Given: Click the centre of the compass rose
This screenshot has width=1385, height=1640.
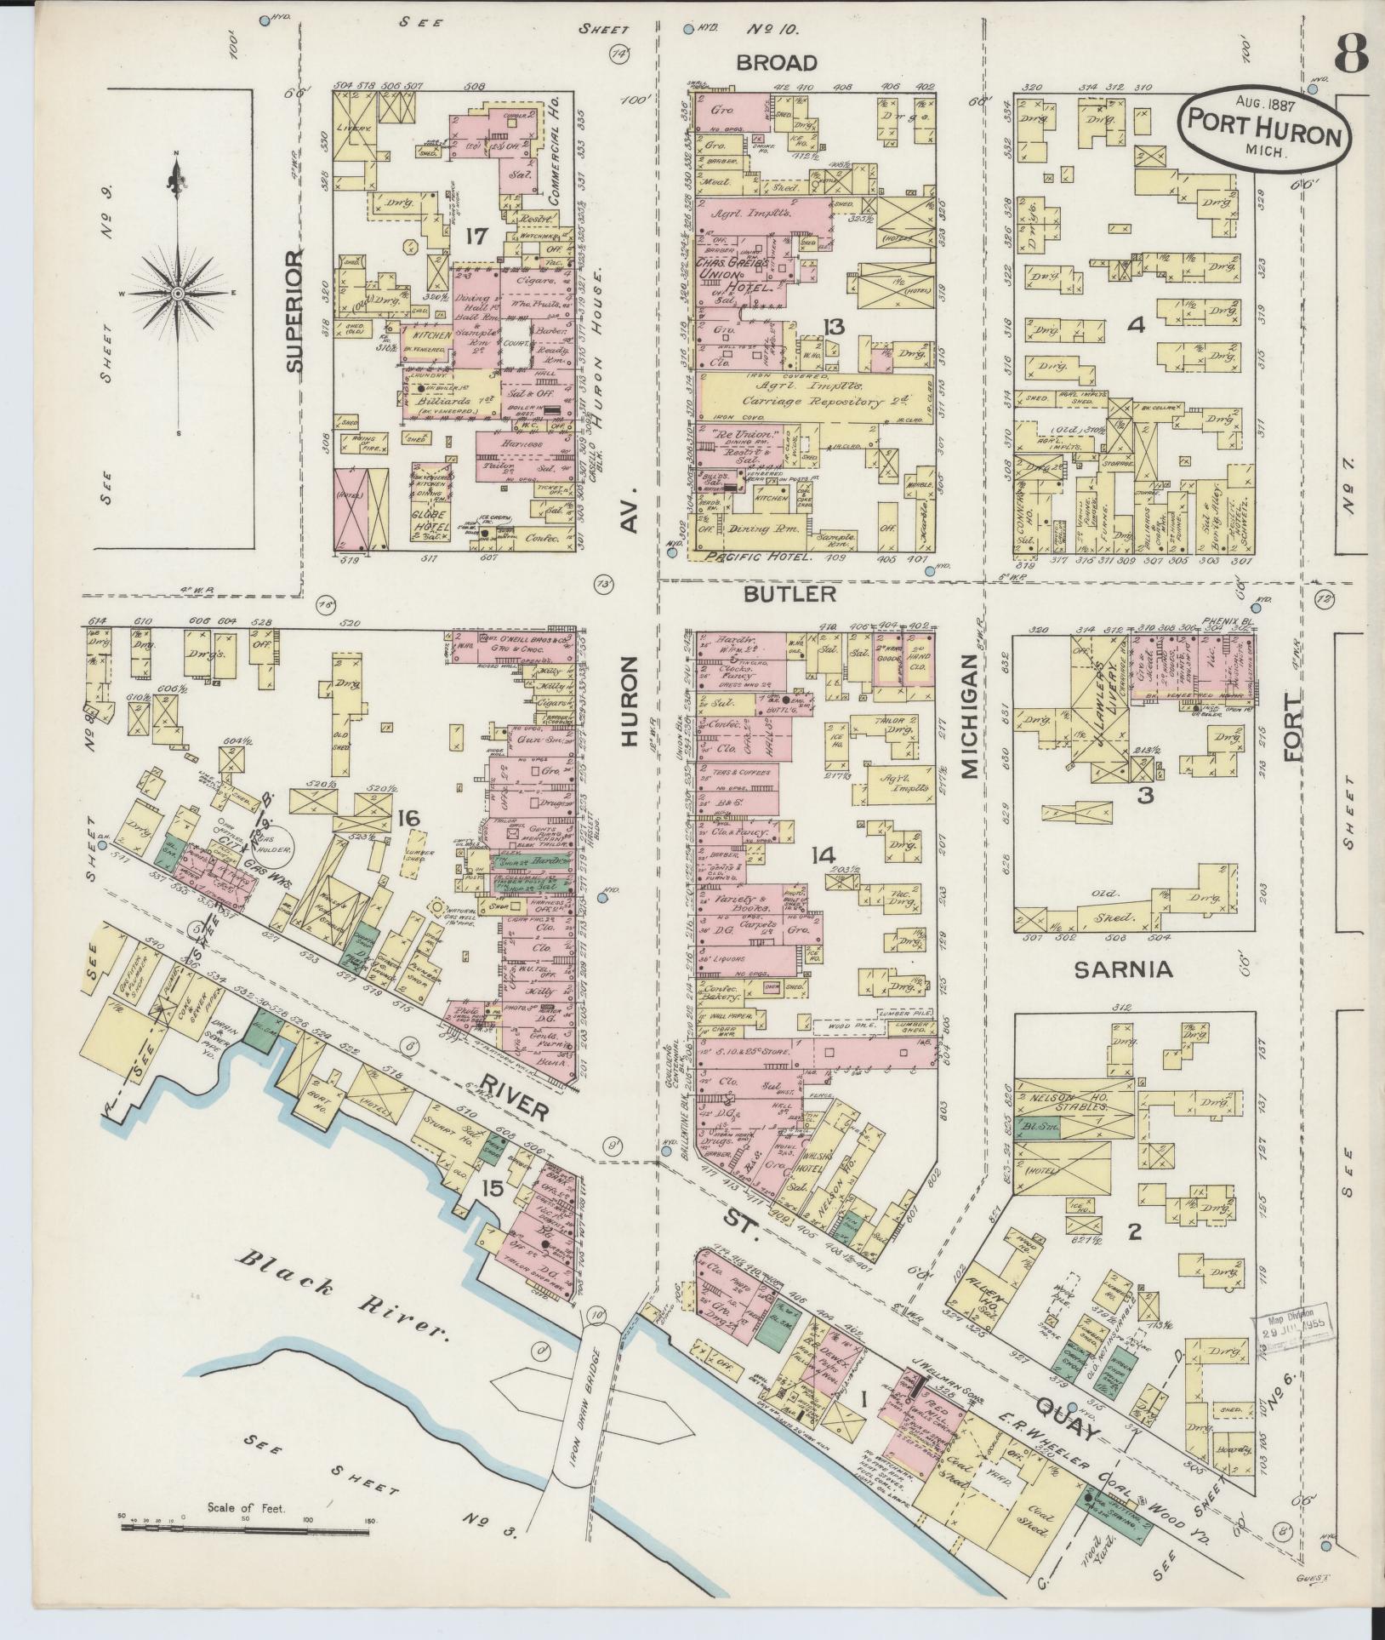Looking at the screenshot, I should (178, 293).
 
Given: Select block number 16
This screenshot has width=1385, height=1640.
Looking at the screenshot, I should (408, 819).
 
